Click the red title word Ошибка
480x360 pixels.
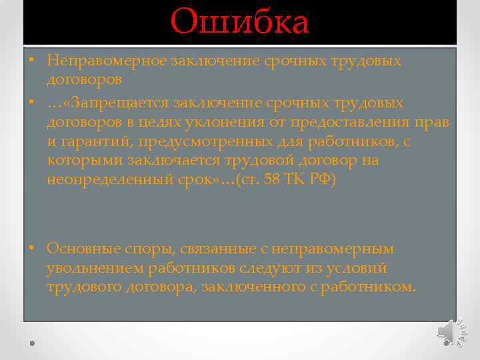point(240,22)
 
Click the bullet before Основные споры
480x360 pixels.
point(31,248)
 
